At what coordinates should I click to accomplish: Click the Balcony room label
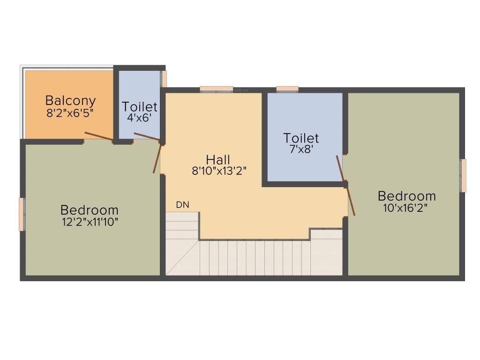pos(70,100)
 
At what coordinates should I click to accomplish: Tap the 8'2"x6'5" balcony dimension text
pos(70,113)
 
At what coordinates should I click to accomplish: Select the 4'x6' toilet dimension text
pos(139,118)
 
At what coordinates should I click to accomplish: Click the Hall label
pos(218,159)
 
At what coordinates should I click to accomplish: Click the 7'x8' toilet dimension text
pos(301,150)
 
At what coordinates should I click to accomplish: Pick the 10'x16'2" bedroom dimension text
pos(406,207)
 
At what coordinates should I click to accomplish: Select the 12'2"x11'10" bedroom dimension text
pos(90,221)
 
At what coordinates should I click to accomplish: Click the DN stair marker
pos(182,205)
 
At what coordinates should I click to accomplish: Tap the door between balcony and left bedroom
pos(98,136)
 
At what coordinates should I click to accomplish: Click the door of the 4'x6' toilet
pos(147,137)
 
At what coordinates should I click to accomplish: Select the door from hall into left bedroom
pos(157,158)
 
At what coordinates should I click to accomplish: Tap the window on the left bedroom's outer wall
pos(22,214)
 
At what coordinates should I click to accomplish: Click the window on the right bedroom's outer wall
pos(463,176)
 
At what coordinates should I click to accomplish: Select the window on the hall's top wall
pos(216,89)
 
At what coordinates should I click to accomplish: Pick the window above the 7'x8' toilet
pos(287,89)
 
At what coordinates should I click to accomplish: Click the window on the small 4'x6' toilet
pos(164,79)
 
